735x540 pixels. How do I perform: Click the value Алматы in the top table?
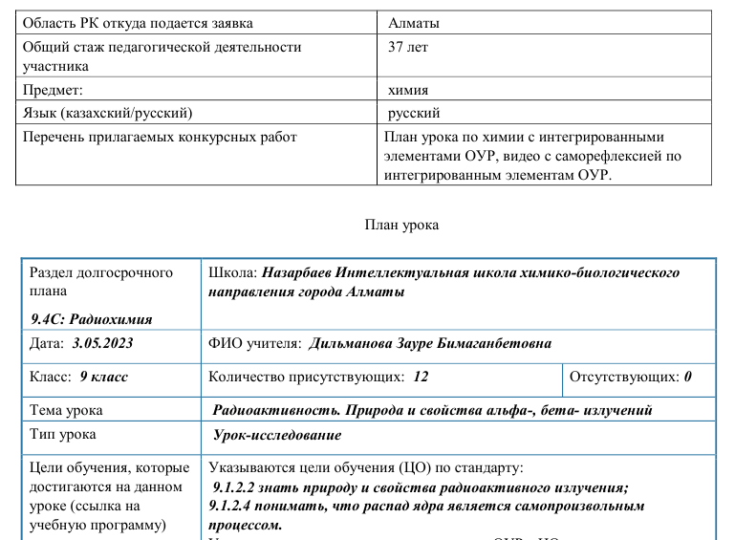415,22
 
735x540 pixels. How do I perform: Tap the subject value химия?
408,90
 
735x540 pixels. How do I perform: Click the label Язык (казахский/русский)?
108,113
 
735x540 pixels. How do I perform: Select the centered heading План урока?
401,226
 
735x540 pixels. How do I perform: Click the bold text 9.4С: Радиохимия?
92,319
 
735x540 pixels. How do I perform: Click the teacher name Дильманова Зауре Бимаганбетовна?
429,343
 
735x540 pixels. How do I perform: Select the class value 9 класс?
104,377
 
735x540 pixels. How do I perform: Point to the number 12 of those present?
422,377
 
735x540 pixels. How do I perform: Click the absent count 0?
687,377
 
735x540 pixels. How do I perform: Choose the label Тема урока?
67,410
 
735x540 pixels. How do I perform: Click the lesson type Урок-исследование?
278,435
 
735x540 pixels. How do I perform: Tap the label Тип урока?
63,435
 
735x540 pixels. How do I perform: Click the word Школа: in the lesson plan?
232,272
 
